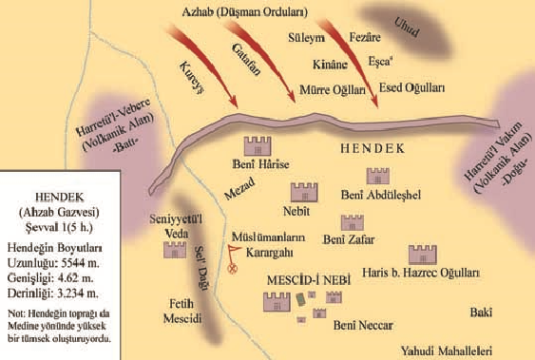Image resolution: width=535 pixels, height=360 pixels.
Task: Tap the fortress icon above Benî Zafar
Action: point(352,222)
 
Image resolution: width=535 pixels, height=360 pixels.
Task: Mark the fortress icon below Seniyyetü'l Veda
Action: point(175,251)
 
